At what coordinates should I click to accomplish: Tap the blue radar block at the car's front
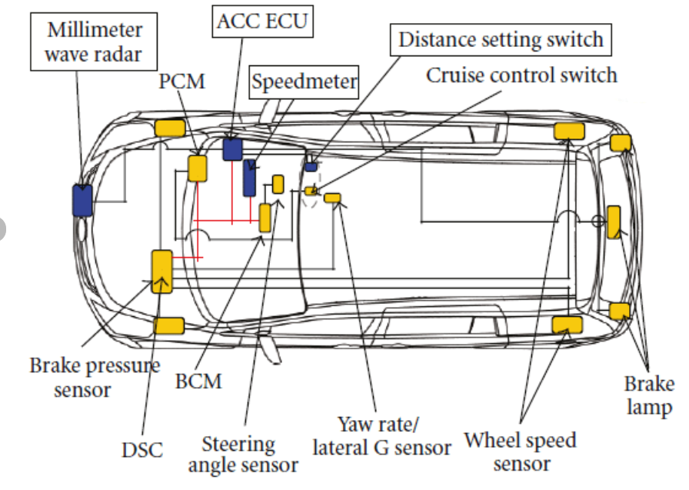tap(82, 200)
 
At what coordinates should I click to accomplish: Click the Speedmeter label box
tap(305, 81)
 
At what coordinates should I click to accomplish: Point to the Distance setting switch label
tap(501, 39)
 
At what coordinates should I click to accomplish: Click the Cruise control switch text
tap(522, 75)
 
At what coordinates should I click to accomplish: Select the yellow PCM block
tap(198, 168)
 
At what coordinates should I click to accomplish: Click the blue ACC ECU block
tap(232, 148)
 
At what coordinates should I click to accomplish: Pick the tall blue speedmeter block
tap(250, 178)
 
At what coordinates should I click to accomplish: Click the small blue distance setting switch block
tap(311, 166)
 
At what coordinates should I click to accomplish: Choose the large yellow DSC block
tap(161, 271)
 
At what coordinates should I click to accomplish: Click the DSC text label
tap(142, 449)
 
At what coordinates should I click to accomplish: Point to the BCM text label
tap(198, 380)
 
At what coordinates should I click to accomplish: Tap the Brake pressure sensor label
tap(94, 377)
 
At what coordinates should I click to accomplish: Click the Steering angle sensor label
tap(243, 454)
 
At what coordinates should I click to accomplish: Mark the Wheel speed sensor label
tap(521, 452)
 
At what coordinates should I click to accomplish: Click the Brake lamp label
tap(649, 395)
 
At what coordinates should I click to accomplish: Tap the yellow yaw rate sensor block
tap(332, 198)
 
